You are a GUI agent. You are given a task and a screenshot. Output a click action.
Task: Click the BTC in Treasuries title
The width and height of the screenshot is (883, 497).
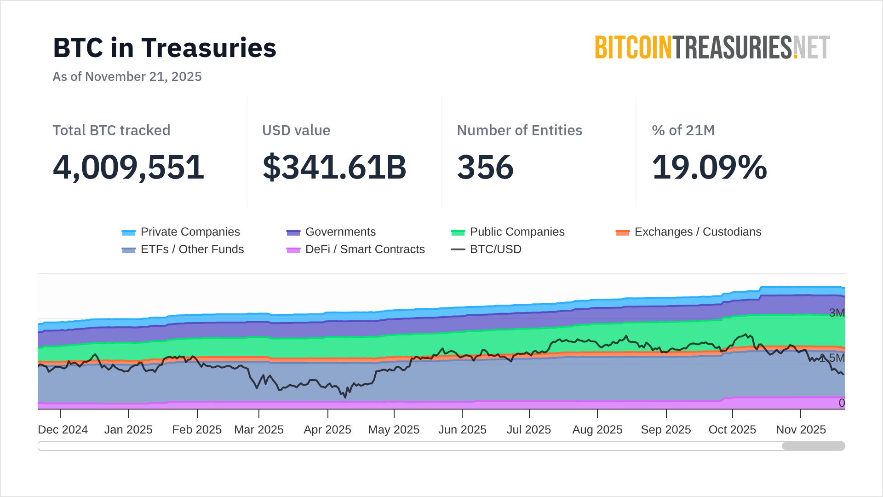(165, 48)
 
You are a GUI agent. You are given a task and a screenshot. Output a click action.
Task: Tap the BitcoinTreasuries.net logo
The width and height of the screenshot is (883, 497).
(712, 47)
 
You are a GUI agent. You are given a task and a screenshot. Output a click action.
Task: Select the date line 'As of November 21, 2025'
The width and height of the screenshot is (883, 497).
(127, 76)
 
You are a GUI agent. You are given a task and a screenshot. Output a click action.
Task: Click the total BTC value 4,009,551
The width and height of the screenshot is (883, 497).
(128, 167)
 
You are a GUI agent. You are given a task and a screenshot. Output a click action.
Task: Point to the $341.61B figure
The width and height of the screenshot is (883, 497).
(334, 167)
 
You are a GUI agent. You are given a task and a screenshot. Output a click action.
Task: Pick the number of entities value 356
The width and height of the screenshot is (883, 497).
(485, 167)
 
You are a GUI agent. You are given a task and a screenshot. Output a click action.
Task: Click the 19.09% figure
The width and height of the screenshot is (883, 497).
(709, 167)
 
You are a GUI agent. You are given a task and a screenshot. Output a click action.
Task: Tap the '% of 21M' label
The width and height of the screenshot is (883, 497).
(683, 130)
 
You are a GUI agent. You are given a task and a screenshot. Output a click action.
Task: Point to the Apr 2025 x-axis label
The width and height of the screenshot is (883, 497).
(327, 429)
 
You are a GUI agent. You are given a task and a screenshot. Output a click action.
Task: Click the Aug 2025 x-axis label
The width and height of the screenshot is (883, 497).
(597, 429)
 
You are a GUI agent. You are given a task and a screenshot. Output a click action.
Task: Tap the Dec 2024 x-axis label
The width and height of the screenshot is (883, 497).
(63, 429)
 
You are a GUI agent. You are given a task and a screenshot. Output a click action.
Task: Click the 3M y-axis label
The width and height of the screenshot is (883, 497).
(837, 313)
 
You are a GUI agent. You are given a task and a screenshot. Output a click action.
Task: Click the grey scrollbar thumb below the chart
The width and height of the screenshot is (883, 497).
(813, 446)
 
